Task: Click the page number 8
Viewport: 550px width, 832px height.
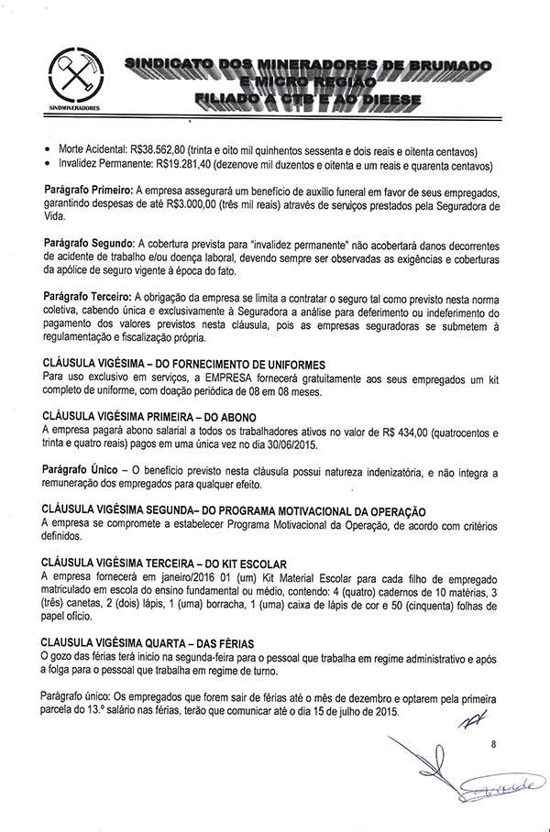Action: point(492,745)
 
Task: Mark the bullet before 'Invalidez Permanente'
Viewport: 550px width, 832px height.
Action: point(47,166)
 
